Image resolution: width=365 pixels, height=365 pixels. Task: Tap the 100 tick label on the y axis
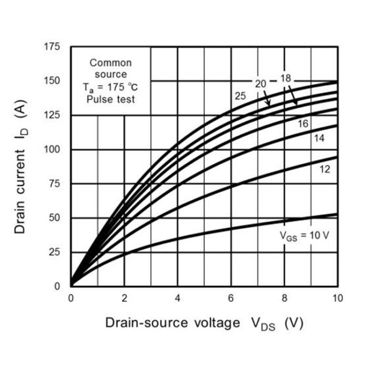pos(53,150)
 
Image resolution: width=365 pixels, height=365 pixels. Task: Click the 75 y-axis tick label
pos(55,184)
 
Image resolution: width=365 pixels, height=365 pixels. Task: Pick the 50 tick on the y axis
pos(55,218)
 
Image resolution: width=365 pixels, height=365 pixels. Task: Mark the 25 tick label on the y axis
pos(55,252)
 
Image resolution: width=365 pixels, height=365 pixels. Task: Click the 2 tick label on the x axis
pos(124,298)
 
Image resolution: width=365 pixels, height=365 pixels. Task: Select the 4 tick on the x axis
pos(178,298)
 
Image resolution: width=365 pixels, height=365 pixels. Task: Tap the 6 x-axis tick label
pos(231,298)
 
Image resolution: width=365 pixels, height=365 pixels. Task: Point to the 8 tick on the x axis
pos(284,298)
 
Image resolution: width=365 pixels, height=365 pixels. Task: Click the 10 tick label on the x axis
pos(336,298)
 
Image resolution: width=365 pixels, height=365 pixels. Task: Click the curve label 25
pos(240,96)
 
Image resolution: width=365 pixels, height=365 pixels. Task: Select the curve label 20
pos(260,83)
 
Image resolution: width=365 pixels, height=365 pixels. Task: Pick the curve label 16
pos(304,123)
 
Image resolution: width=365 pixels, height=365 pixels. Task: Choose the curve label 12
pos(324,169)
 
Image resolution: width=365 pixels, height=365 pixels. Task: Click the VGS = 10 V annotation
pos(304,235)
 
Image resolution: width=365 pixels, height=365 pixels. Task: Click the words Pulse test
pos(110,98)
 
